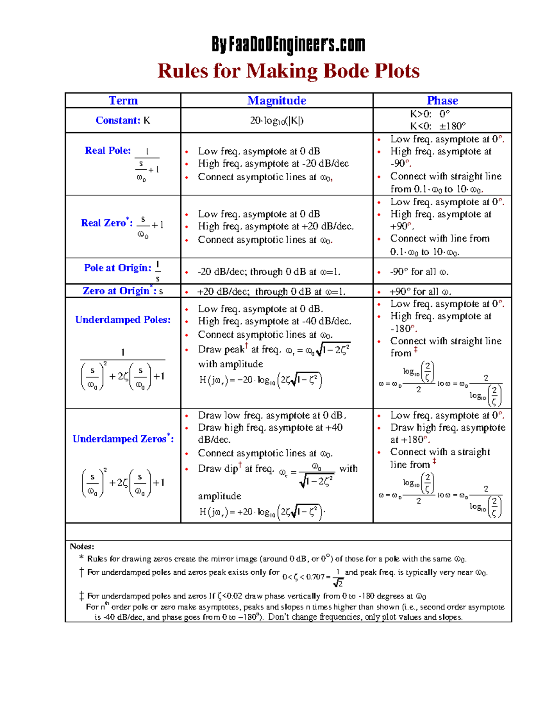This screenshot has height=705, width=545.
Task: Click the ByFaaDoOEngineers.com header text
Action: tap(288, 44)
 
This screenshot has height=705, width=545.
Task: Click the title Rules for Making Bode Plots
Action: tap(288, 71)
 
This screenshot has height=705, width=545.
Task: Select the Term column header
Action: tap(123, 100)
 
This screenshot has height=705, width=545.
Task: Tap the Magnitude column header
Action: tap(277, 100)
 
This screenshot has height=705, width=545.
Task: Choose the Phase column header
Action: tap(442, 100)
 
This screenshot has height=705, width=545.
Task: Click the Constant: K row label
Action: tap(123, 120)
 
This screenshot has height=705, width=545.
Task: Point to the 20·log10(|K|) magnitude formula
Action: tap(277, 120)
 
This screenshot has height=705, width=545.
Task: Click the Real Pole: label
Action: tap(108, 150)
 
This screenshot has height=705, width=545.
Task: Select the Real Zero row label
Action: tap(107, 223)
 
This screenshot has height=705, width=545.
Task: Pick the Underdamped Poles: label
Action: tap(123, 320)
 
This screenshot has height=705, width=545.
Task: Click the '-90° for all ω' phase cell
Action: tap(419, 272)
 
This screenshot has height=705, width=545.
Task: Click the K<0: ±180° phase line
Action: tap(438, 126)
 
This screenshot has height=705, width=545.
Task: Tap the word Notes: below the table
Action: tap(82, 547)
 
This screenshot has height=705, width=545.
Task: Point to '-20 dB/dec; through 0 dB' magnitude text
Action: tap(268, 272)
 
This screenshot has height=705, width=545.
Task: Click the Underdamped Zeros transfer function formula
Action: tap(123, 483)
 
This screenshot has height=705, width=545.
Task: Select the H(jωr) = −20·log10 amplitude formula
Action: tap(261, 380)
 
